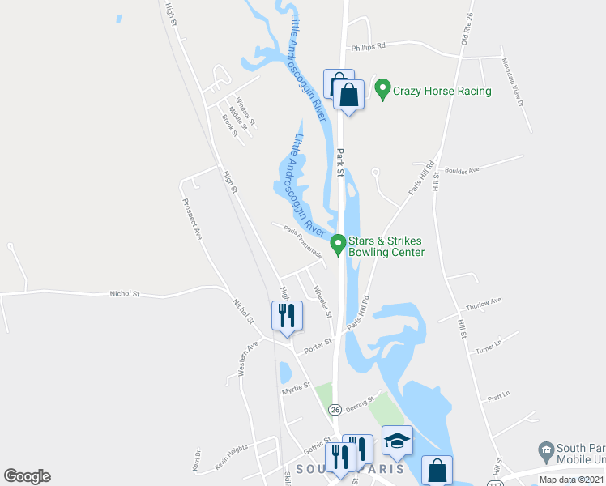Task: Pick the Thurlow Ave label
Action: [484, 304]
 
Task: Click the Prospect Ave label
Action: [193, 219]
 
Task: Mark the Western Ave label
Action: [248, 357]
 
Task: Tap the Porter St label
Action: [318, 347]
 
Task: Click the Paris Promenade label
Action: [304, 241]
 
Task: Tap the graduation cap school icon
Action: [397, 441]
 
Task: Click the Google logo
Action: [27, 476]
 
